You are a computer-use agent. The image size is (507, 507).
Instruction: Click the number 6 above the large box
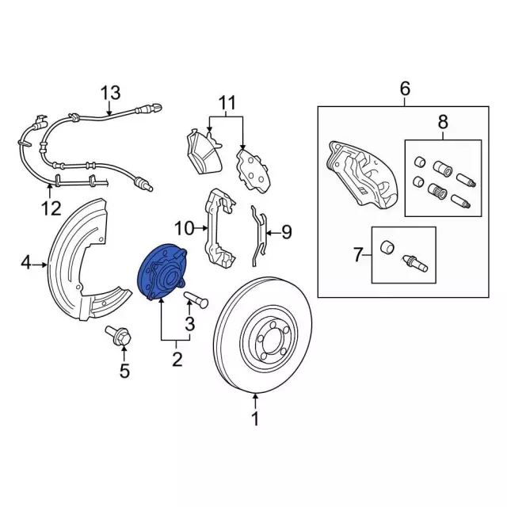tap(405, 88)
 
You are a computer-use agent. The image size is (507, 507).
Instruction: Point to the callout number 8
tap(442, 121)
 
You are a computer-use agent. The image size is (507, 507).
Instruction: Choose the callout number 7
tap(357, 255)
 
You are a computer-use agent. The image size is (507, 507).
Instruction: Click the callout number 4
tap(25, 262)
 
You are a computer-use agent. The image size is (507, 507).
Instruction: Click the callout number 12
tap(50, 210)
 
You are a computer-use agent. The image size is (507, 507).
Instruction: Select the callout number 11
tap(227, 102)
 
